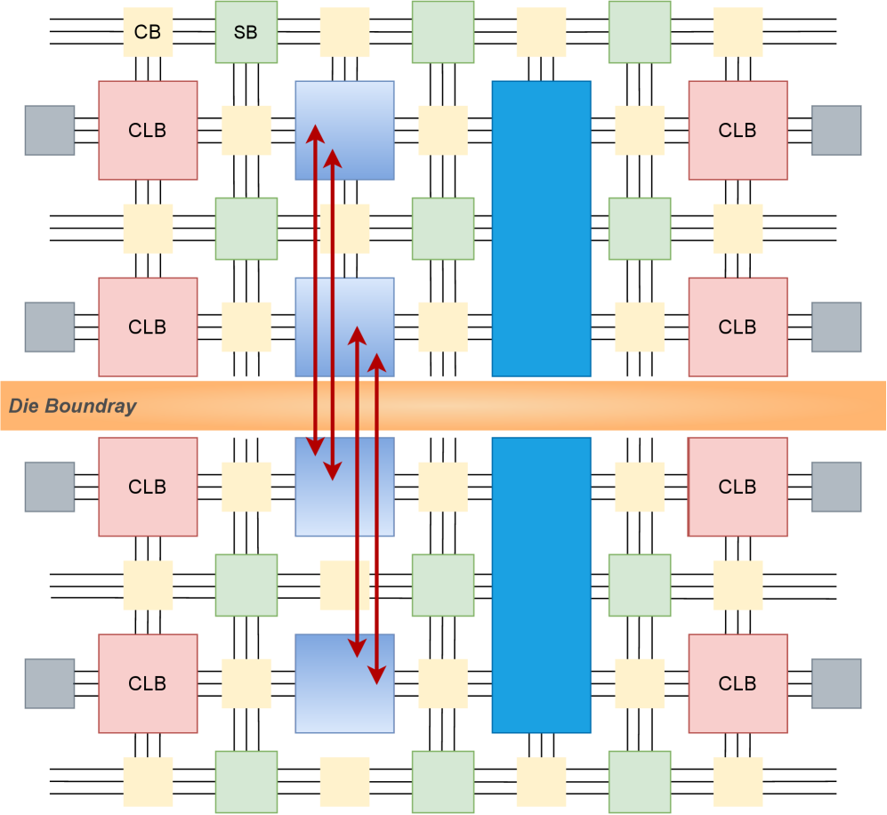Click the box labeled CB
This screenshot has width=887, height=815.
(x=148, y=33)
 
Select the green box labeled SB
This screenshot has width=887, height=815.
(x=246, y=33)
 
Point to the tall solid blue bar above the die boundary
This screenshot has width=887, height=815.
(x=541, y=229)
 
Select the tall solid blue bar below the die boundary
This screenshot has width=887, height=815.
(x=541, y=585)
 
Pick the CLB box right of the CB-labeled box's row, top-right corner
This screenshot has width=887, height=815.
(x=738, y=131)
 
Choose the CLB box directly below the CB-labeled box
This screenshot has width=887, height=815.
(x=148, y=131)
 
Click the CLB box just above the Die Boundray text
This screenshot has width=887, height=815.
(x=148, y=327)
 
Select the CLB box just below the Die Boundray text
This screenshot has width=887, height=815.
(x=148, y=487)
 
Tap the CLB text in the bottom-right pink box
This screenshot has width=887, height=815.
(x=738, y=683)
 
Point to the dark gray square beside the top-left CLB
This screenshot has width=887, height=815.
(x=50, y=131)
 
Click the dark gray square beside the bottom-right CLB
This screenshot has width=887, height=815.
(x=836, y=683)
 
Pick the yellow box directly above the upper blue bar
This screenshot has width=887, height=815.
(x=541, y=33)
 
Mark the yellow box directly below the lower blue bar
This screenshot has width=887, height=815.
(x=541, y=781)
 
